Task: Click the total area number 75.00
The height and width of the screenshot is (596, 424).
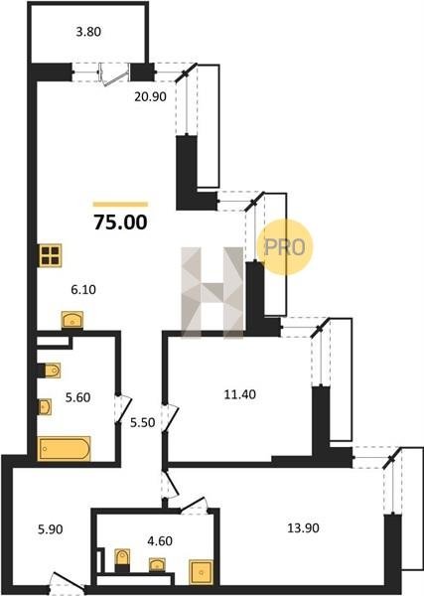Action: point(120,223)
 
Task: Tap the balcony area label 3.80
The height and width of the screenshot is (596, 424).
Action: point(88,32)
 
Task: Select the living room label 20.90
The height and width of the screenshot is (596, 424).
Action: point(151,97)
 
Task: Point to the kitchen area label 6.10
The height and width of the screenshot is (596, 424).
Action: point(83,290)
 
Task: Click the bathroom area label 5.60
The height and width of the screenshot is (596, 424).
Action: point(77,397)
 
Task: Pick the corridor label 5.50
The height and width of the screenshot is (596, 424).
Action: point(142,423)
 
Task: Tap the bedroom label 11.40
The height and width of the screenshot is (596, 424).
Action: point(240,394)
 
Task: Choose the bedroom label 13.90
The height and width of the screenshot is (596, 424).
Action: point(303,528)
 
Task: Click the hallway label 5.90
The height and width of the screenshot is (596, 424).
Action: point(51,529)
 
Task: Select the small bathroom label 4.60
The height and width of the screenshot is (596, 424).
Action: point(160,540)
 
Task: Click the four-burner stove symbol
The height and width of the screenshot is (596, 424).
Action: point(51,255)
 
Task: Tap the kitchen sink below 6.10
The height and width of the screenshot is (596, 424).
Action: point(72,320)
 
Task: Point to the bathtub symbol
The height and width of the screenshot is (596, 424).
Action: point(64,449)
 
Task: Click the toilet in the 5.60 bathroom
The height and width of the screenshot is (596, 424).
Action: point(52,371)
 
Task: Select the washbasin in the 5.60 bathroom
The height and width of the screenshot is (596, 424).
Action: point(45,407)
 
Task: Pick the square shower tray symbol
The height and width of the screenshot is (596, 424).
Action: point(201,572)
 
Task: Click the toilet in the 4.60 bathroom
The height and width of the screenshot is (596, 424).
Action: point(122,558)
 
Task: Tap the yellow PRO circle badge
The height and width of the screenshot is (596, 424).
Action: point(285,247)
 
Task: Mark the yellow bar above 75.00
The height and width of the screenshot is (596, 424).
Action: point(120,205)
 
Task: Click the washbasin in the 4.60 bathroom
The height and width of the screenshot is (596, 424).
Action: point(157,564)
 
